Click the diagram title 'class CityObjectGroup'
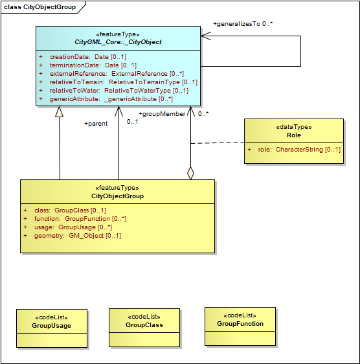pos(39,7)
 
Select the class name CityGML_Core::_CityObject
pos(118,42)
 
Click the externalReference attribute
pos(111,74)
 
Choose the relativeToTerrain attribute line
pos(118,82)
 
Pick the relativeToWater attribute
pos(113,91)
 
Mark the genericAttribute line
pos(106,99)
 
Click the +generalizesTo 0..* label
pos(243,24)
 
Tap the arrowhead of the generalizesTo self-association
pos(205,36)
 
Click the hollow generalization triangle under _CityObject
pos(59,111)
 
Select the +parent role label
pos(96,124)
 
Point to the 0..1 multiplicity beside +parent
pos(132,122)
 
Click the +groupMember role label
pos(162,114)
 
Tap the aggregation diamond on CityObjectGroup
pos(190,173)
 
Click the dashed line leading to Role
pos(218,142)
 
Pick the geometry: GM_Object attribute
pos(73,236)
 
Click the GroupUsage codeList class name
pos(52,326)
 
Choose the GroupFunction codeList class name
pos(240,324)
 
